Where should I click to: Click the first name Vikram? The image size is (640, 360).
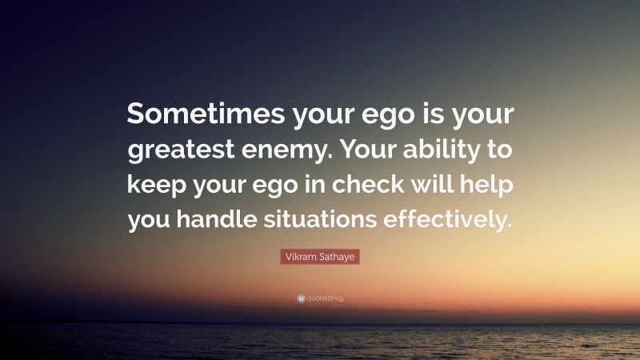301,257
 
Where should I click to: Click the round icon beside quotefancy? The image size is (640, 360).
300,298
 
